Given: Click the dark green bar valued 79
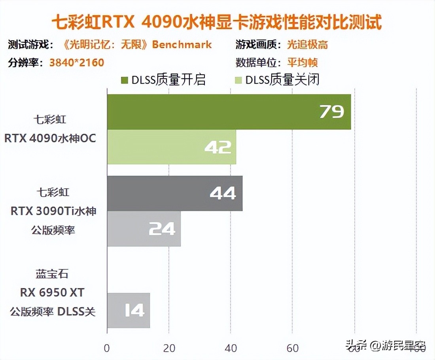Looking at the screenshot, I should [x=229, y=112].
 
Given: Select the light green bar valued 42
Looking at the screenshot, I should [x=171, y=147].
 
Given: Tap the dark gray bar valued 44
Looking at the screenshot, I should [x=174, y=193].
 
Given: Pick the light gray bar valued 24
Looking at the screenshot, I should [x=144, y=229].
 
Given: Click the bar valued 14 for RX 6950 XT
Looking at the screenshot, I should [x=128, y=311].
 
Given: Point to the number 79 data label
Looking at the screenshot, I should [x=331, y=112].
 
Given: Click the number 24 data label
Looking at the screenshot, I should [x=162, y=229].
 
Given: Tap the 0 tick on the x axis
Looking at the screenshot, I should [x=107, y=348].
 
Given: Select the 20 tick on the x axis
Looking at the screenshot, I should [x=169, y=348].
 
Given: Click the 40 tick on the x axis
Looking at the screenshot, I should [x=231, y=348].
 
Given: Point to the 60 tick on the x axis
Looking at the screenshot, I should [x=293, y=348].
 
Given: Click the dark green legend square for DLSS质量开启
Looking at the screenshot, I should [x=125, y=80].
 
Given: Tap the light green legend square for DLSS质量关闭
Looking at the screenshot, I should [x=238, y=80].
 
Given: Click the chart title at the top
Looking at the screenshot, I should [x=217, y=23].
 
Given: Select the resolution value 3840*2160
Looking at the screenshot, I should [x=76, y=63].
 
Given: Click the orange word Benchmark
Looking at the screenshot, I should [x=182, y=45].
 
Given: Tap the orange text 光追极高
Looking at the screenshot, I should [x=307, y=45].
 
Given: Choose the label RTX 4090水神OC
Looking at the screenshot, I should [x=50, y=138].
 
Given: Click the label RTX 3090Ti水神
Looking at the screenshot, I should [x=53, y=211].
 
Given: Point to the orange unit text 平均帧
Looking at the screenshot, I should [x=303, y=63].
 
